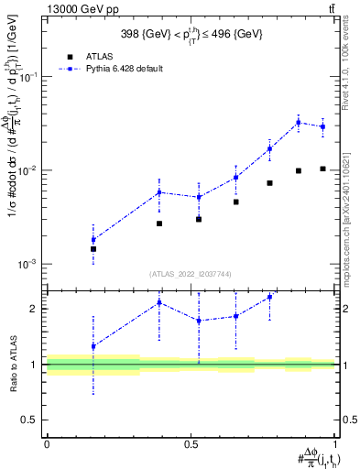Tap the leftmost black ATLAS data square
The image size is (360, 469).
93,248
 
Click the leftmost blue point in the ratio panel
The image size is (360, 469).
93,346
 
